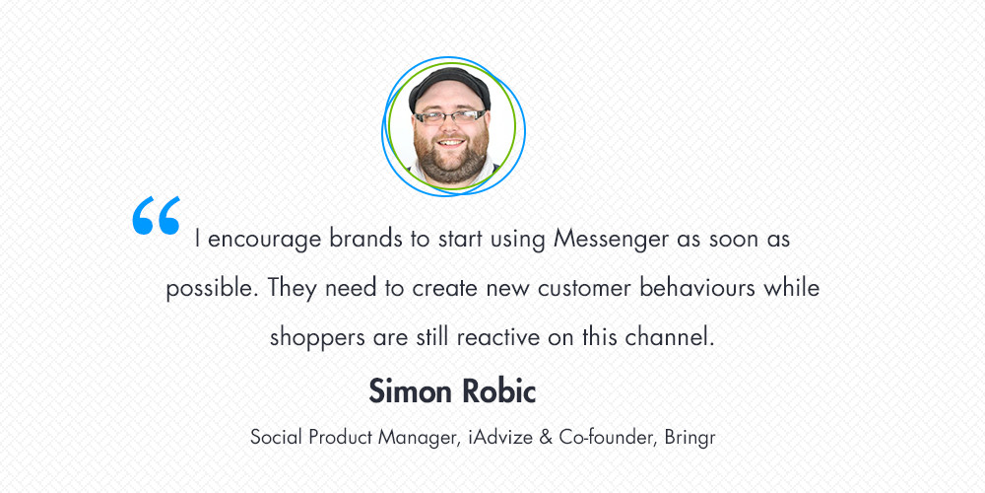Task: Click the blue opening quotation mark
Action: tap(157, 216)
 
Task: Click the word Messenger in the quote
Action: tap(611, 241)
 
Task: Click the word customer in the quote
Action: tap(584, 289)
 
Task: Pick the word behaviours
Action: tap(697, 288)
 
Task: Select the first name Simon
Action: tap(410, 391)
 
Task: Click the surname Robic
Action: tap(498, 391)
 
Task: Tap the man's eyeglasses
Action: tap(450, 116)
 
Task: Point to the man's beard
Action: tap(451, 161)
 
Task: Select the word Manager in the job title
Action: tap(416, 438)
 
